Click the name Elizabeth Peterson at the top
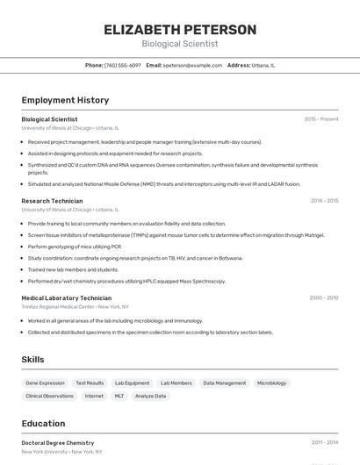(180, 30)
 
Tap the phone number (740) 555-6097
(123, 65)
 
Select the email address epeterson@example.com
(192, 65)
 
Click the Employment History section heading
(65, 100)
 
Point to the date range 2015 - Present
(321, 118)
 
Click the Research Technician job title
(52, 201)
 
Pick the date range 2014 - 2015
(324, 201)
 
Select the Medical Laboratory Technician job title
(67, 298)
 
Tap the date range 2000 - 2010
(323, 298)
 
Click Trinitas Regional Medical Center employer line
(76, 307)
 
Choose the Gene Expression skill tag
(45, 383)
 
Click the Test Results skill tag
(90, 383)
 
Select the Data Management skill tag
(224, 383)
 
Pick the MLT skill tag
(119, 396)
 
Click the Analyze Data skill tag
(150, 396)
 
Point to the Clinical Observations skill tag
(50, 396)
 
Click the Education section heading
(43, 423)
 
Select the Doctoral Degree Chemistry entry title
(58, 443)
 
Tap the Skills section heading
(33, 360)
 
